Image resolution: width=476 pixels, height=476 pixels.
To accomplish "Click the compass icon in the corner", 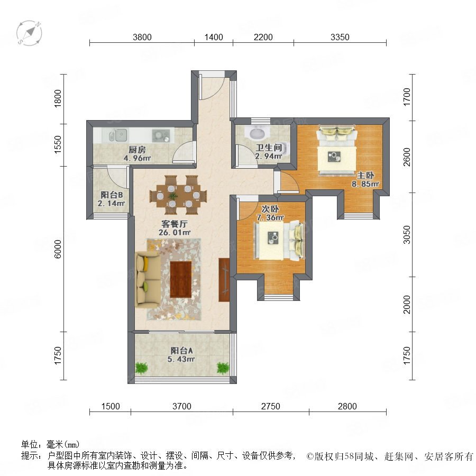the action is (29, 33).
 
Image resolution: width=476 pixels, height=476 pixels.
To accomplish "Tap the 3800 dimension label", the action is (142, 37).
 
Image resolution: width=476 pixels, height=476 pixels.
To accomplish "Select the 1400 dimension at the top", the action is (214, 37).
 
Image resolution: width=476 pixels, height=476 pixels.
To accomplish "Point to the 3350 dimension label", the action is (340, 37).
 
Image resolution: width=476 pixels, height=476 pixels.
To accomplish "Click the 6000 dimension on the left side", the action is (58, 249).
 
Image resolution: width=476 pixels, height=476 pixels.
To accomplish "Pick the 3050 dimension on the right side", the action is (407, 235).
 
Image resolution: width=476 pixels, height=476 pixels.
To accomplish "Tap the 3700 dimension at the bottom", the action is (182, 406).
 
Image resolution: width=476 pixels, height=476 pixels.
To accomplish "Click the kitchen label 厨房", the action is (137, 150).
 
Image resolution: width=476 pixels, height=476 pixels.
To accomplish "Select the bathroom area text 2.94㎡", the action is (269, 157).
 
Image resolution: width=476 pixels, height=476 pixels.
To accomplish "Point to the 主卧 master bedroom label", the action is (365, 175).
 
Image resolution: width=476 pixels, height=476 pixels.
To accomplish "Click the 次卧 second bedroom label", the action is (270, 209).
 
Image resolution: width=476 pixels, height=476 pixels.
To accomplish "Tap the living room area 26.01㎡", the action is (175, 233).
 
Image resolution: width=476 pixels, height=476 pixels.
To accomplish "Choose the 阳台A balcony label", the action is (182, 351).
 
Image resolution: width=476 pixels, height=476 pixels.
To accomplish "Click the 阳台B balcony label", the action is (112, 195).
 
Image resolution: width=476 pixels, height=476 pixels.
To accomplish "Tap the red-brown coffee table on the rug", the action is (181, 279).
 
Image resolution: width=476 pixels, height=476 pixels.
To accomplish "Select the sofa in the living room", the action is (148, 279).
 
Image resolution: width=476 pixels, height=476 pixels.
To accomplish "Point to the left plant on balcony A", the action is (141, 368).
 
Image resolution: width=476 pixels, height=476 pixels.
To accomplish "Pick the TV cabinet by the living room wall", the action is (224, 280).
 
